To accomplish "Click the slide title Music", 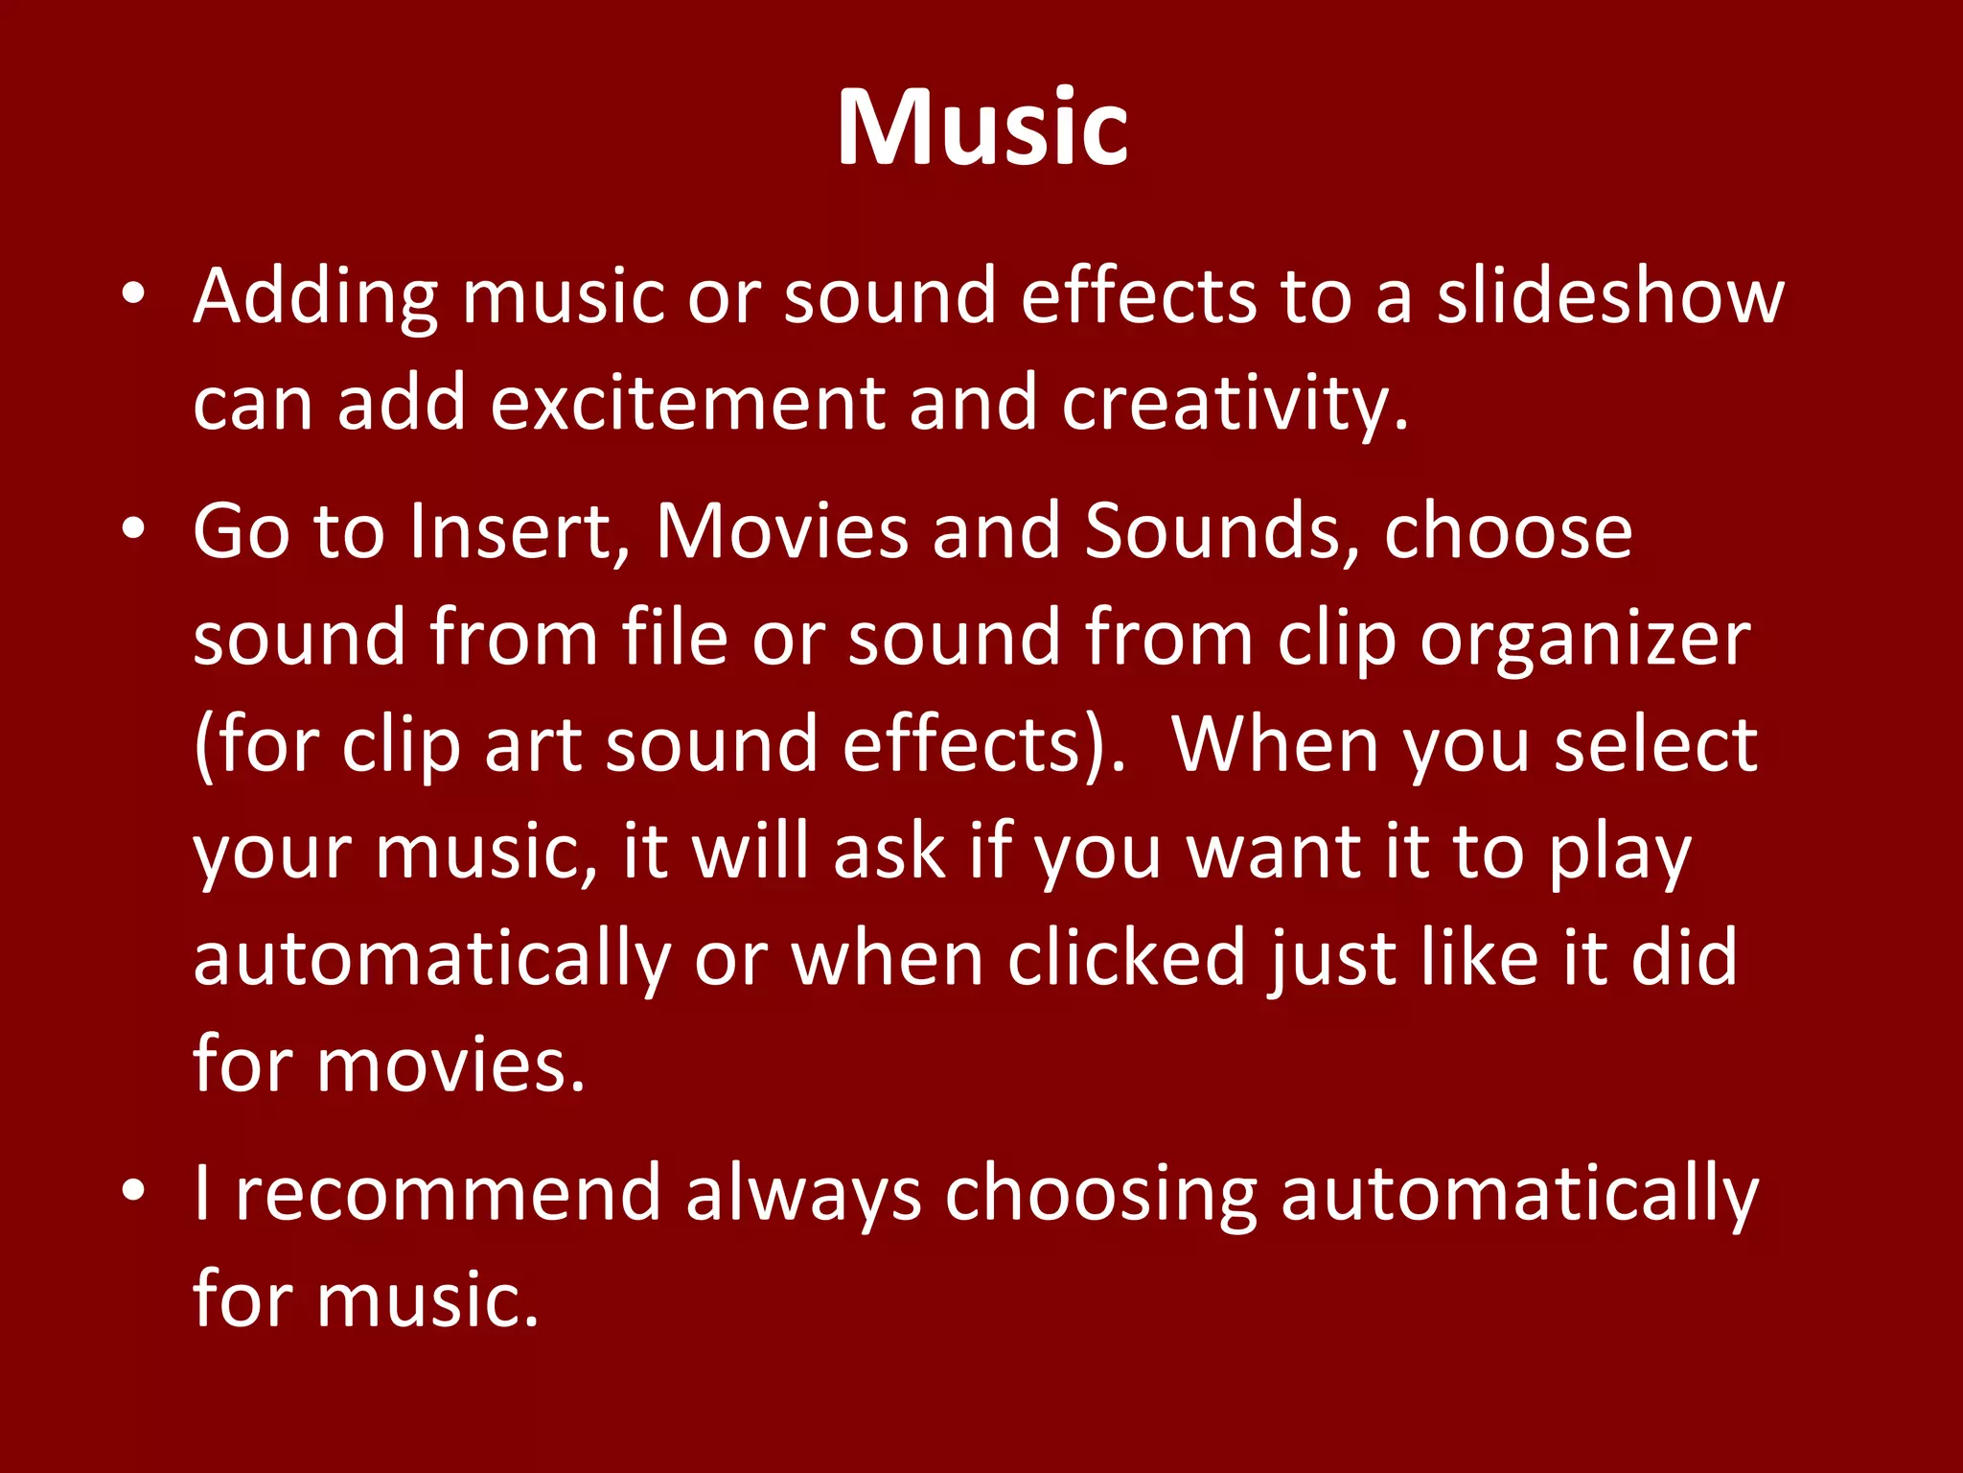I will point(981,129).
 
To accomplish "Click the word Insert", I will point(519,531).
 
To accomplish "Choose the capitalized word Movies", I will point(782,531).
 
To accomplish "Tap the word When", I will point(1276,745).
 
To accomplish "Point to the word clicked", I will point(1125,958).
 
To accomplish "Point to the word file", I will point(675,638).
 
